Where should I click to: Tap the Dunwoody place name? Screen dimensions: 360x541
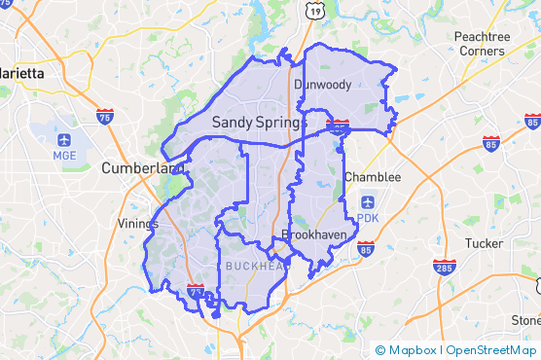(x=322, y=85)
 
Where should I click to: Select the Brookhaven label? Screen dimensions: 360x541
(x=308, y=234)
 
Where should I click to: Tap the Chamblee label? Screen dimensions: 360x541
(x=372, y=177)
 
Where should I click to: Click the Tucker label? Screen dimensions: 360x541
(x=484, y=243)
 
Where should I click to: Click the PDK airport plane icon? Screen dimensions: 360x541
(x=367, y=201)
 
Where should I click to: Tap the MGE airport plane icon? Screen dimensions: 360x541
(x=64, y=139)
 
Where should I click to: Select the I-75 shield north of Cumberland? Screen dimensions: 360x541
(x=104, y=116)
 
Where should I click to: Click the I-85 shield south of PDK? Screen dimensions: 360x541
(x=365, y=250)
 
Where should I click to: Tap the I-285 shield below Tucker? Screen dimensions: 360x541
(x=446, y=266)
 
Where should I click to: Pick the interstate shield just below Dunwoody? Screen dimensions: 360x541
(x=339, y=125)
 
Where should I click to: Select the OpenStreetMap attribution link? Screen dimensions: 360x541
(x=488, y=350)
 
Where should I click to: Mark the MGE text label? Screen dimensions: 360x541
(x=64, y=154)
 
